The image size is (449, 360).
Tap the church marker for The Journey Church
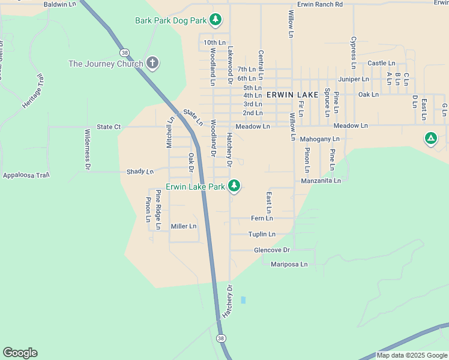coord(152,64)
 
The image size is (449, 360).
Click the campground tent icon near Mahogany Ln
coord(430,139)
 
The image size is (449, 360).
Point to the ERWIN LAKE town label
coord(292,95)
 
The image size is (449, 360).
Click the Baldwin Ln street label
coord(61,4)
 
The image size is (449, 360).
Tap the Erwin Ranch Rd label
coord(320,4)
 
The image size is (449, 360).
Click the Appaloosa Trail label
coord(25,175)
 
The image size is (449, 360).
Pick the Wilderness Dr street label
coord(88,149)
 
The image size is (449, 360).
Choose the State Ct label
coord(109,127)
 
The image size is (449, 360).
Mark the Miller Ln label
coord(184,226)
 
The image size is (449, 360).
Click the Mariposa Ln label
coord(289,264)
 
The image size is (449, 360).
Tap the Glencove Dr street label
coord(272,250)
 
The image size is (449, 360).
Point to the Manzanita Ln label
coord(321,180)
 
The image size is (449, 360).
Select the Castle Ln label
coord(381,63)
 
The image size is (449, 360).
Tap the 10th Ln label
coord(214,43)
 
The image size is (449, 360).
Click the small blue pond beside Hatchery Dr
coord(243,299)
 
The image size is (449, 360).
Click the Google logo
coord(20,353)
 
